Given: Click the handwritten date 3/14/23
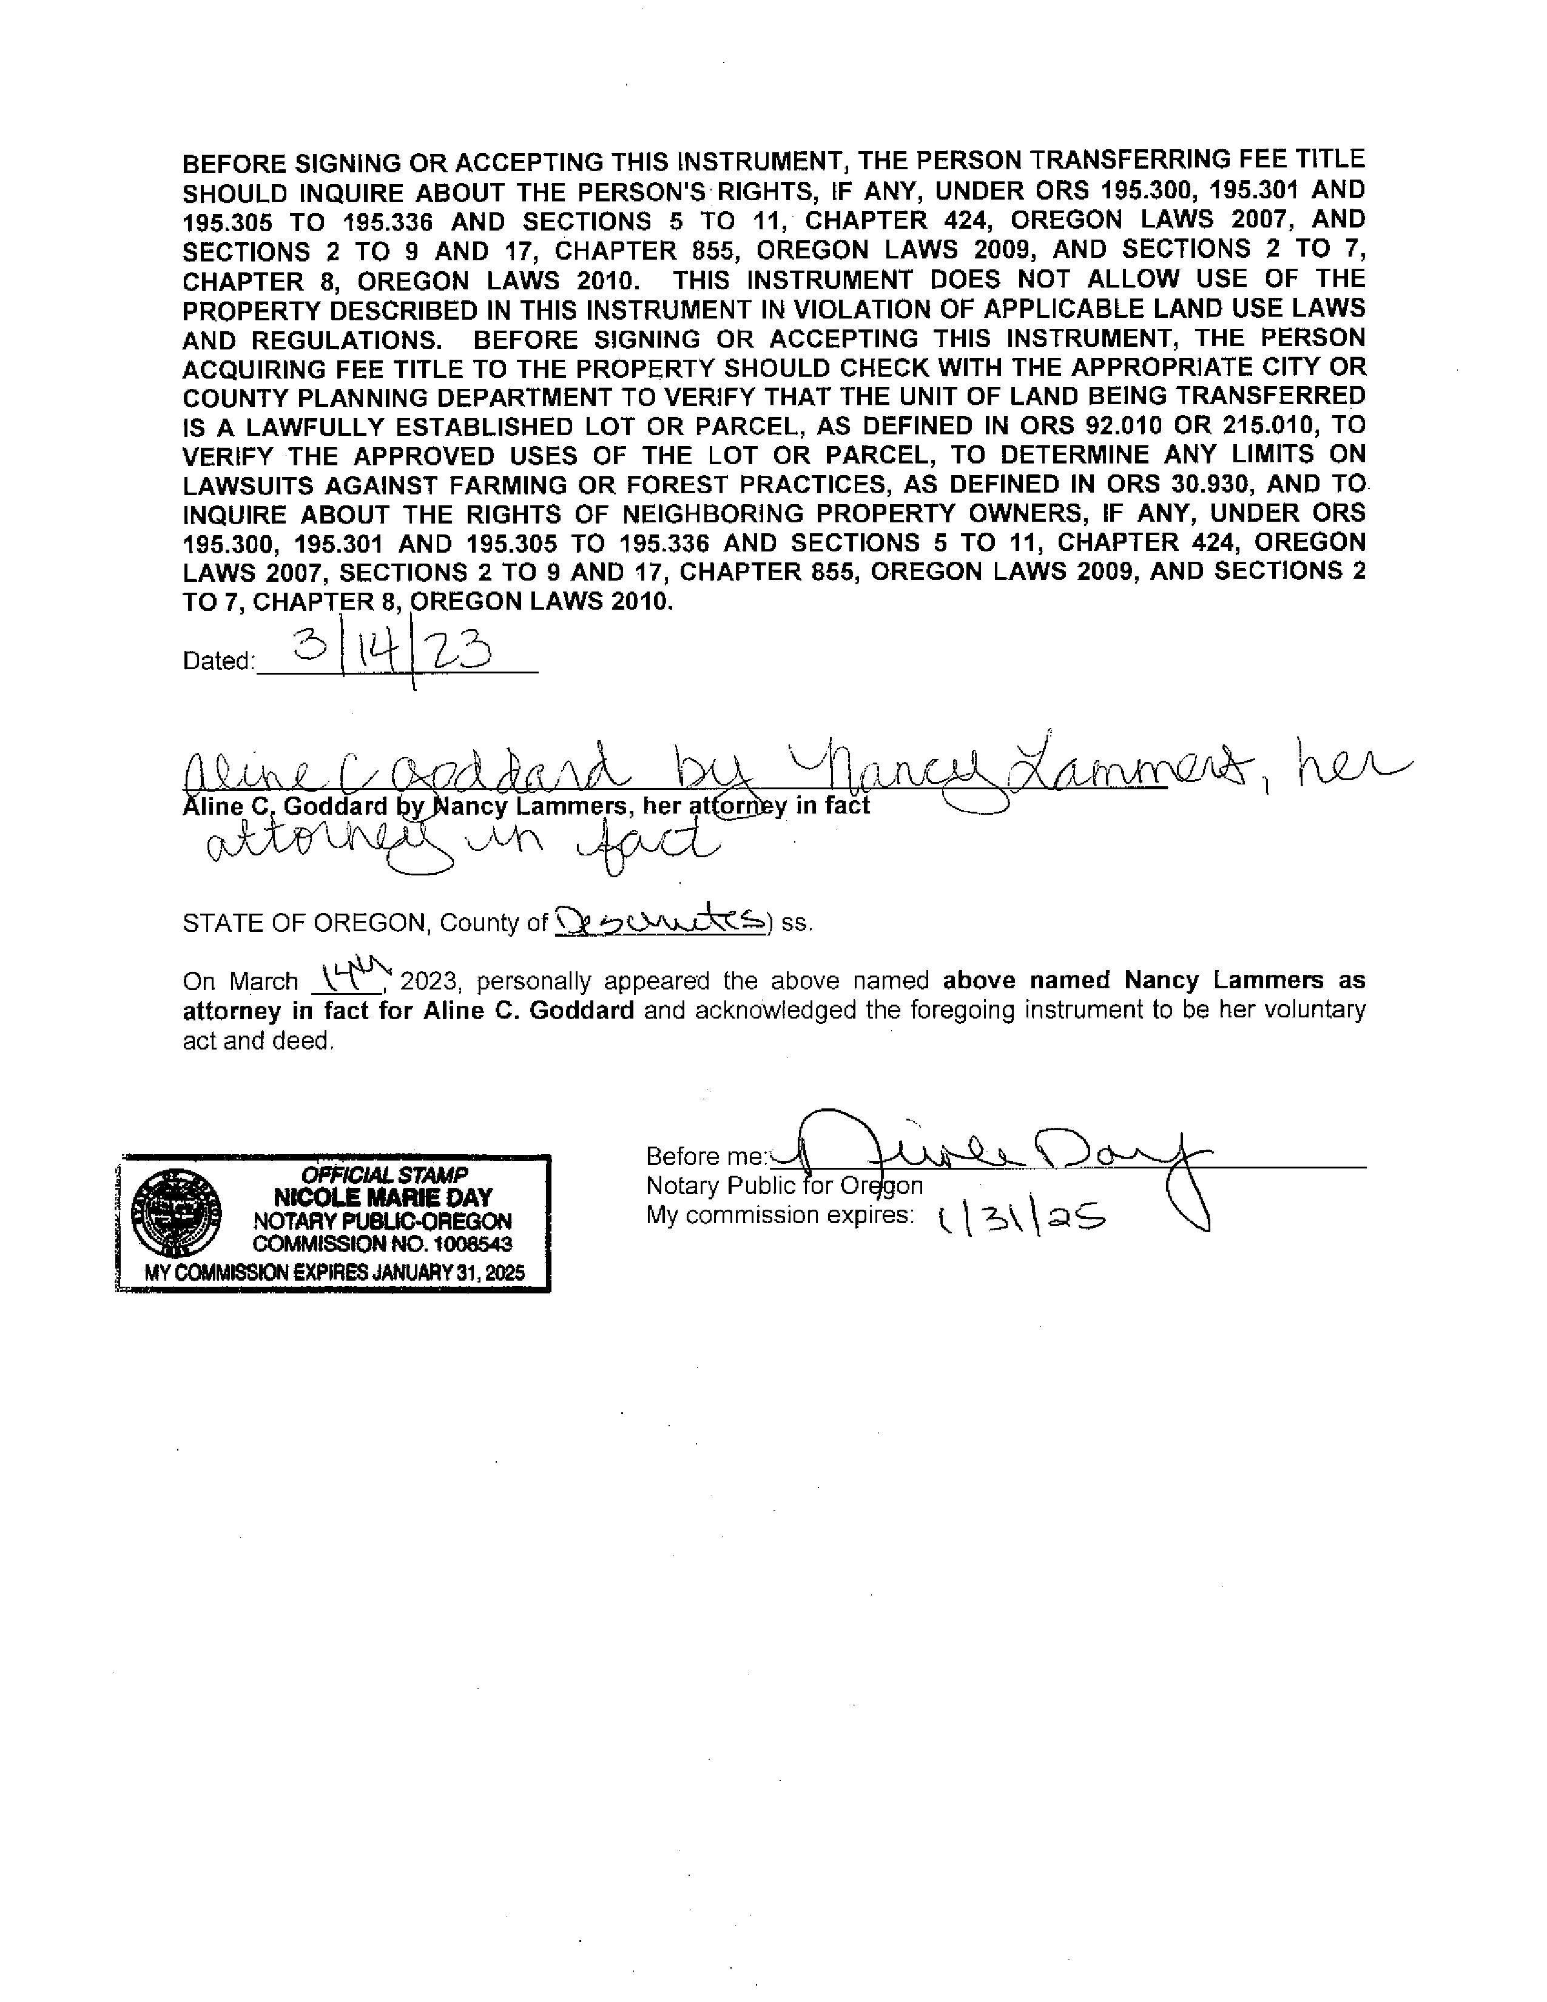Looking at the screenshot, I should [x=393, y=655].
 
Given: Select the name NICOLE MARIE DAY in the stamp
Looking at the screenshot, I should [x=382, y=1197].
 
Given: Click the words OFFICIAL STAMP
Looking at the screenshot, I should [x=384, y=1175].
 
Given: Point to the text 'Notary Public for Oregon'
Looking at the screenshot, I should [x=784, y=1185].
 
